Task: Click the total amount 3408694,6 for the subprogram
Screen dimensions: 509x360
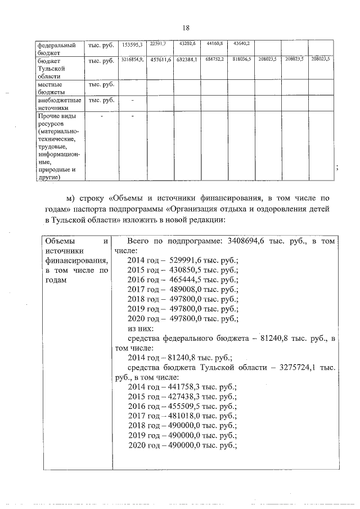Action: pyautogui.click(x=250, y=241)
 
